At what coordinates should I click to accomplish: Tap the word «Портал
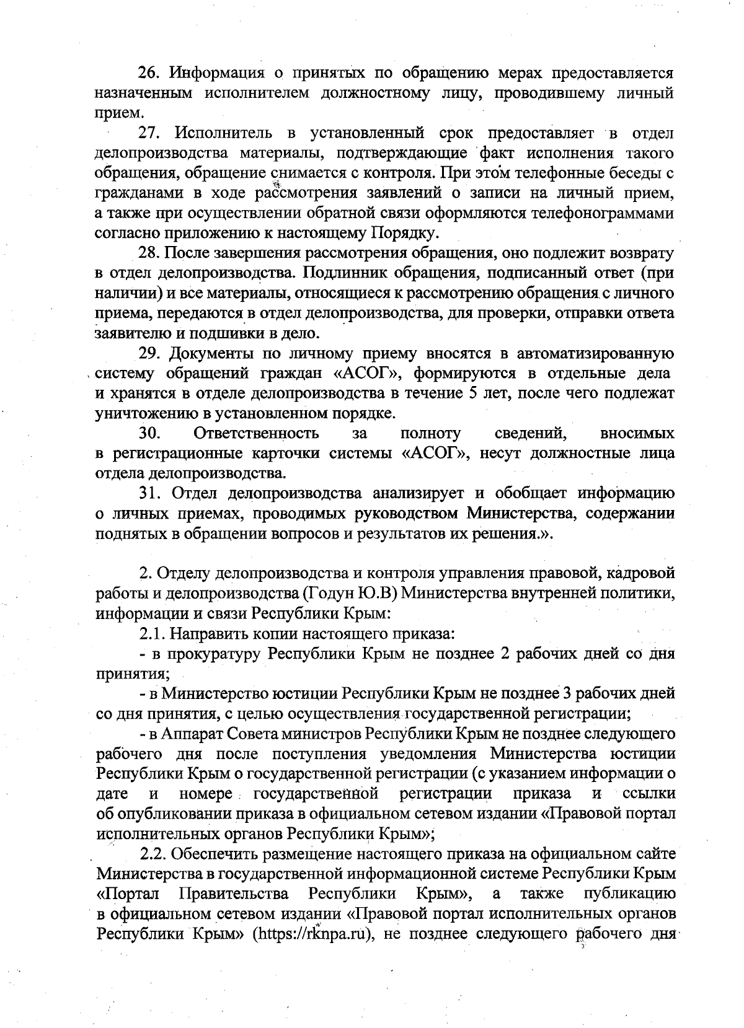pyautogui.click(x=128, y=894)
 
